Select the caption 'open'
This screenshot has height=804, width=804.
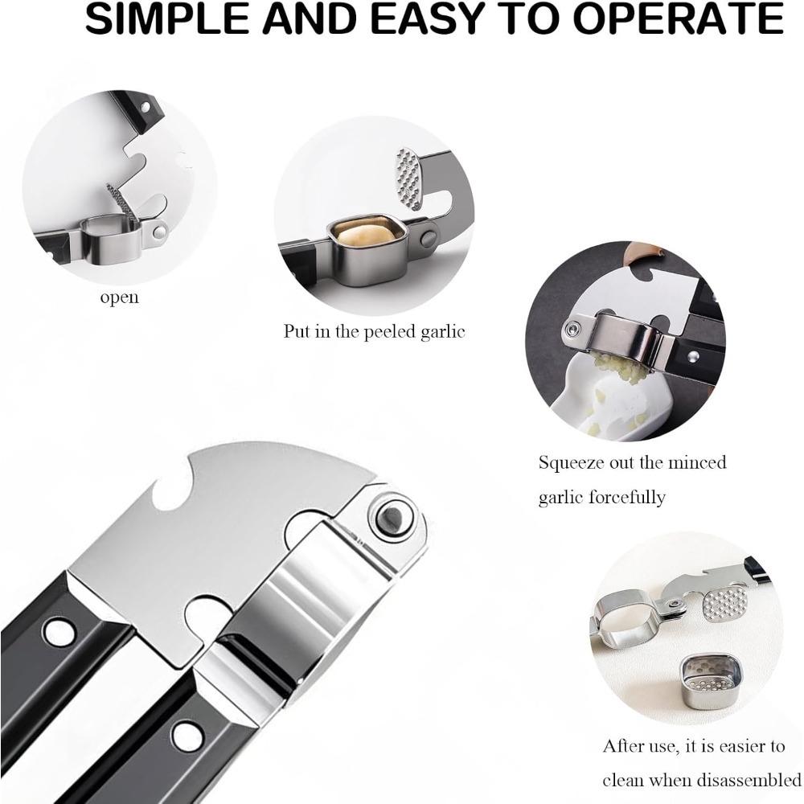[x=119, y=298]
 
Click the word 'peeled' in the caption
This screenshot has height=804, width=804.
[x=379, y=331]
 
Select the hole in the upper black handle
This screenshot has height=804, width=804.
[x=58, y=632]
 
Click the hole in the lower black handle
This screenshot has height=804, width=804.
[x=187, y=734]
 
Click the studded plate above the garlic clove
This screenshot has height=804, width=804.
[x=409, y=177]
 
